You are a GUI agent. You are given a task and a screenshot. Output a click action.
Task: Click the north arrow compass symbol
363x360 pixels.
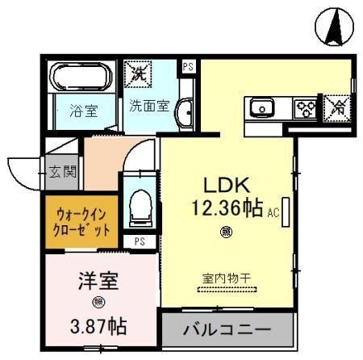(333, 27)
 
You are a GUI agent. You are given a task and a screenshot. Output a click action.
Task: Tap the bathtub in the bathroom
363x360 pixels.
(82, 79)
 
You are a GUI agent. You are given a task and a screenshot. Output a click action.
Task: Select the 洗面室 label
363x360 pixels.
(149, 105)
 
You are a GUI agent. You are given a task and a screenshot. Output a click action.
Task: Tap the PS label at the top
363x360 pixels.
(188, 66)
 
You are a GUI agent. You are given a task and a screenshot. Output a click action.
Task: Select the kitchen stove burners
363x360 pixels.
(305, 107)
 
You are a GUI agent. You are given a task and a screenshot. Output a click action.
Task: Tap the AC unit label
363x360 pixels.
(272, 212)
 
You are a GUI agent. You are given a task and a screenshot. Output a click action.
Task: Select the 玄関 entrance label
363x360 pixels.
(61, 172)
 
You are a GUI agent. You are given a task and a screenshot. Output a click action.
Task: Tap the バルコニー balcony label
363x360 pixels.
(226, 329)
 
